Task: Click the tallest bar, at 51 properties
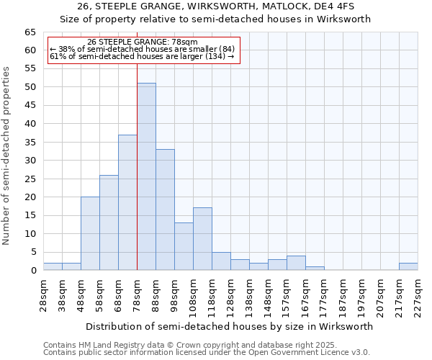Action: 146,176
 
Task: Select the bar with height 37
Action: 127,202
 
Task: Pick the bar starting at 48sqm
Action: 90,233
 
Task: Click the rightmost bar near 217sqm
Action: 408,266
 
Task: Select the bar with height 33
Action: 165,210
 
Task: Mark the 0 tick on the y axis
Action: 32,270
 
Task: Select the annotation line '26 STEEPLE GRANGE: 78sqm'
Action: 142,42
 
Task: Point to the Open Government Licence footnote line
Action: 207,353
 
